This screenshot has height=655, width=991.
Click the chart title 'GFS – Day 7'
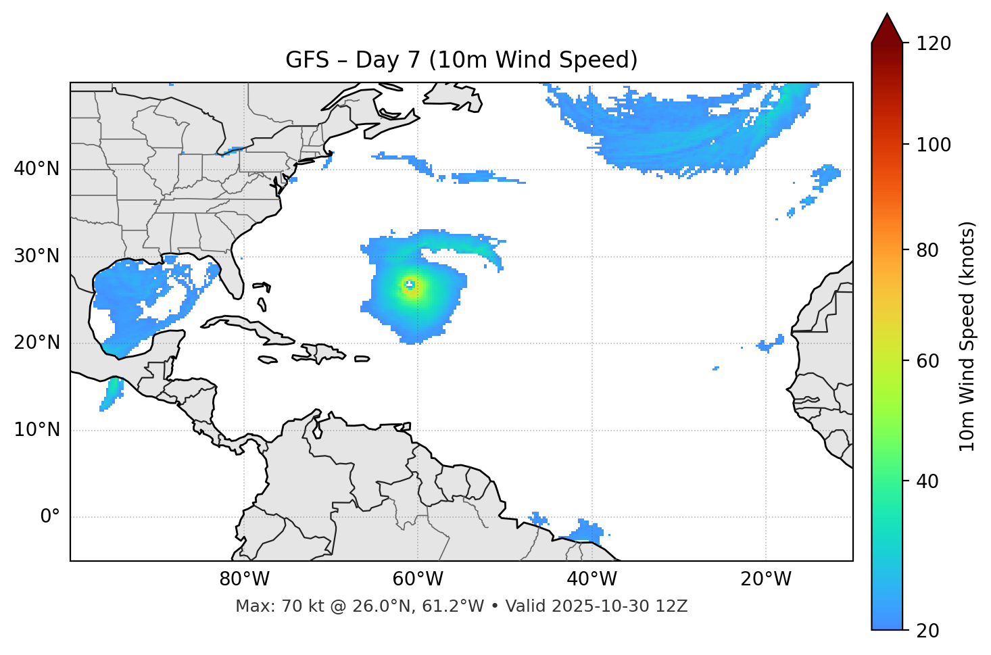tap(461, 60)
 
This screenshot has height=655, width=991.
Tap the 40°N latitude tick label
tap(37, 169)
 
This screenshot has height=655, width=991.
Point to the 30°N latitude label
tap(37, 256)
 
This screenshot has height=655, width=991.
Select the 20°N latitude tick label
tap(37, 343)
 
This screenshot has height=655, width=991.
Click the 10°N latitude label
tap(37, 430)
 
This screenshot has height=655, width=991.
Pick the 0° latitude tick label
tap(50, 517)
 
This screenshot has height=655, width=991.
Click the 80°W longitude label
tap(244, 579)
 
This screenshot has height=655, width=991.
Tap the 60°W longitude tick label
tap(418, 579)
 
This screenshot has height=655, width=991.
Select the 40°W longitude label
tap(591, 579)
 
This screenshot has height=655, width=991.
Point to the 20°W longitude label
tap(765, 579)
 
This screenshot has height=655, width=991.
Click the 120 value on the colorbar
tap(934, 43)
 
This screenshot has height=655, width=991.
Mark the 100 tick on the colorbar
tap(934, 145)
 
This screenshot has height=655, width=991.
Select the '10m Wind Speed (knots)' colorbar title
tap(967, 336)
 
